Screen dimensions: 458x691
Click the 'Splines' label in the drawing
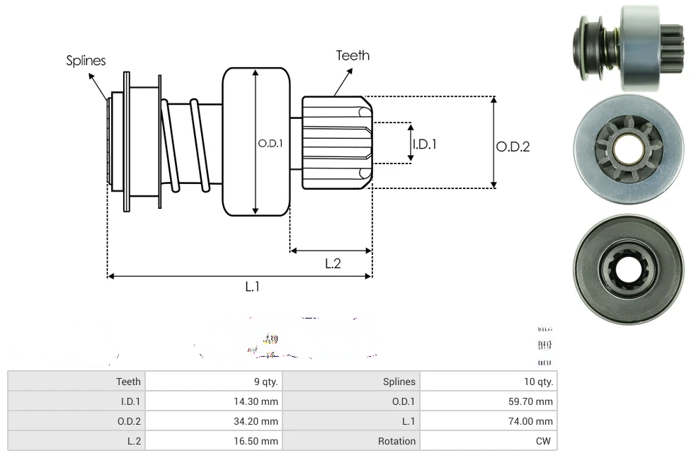[86, 61]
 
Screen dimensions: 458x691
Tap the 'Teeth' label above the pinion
[353, 55]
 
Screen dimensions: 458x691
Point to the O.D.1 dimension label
[270, 143]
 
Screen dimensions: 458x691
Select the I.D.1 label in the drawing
[424, 144]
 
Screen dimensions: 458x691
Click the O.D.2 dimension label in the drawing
[513, 147]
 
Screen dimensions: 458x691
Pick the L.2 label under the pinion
[333, 263]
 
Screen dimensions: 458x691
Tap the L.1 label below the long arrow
[253, 287]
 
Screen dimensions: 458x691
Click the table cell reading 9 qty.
[265, 382]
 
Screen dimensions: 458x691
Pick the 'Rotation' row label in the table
[396, 441]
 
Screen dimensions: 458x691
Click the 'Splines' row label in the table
[399, 382]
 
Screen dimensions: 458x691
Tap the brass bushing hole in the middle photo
[627, 148]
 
